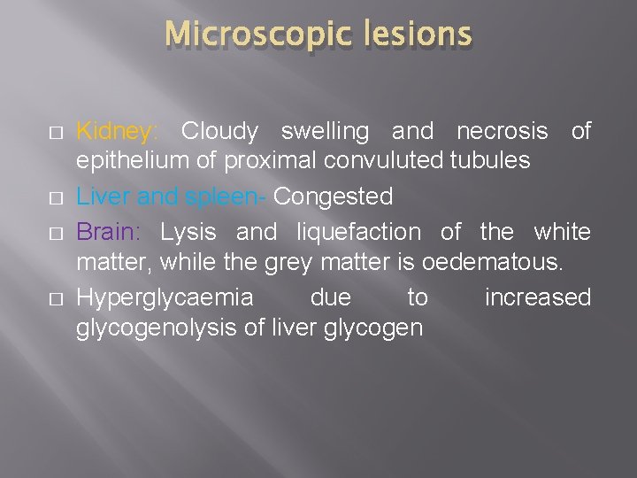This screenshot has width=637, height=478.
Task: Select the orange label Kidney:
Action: (118, 132)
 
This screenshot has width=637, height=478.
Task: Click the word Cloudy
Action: (219, 132)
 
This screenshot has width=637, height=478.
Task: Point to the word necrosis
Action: (502, 132)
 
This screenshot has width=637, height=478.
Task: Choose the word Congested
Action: (333, 196)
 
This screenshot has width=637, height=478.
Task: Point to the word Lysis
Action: (187, 232)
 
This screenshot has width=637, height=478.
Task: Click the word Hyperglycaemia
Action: (165, 297)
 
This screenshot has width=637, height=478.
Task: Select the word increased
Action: (537, 297)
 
